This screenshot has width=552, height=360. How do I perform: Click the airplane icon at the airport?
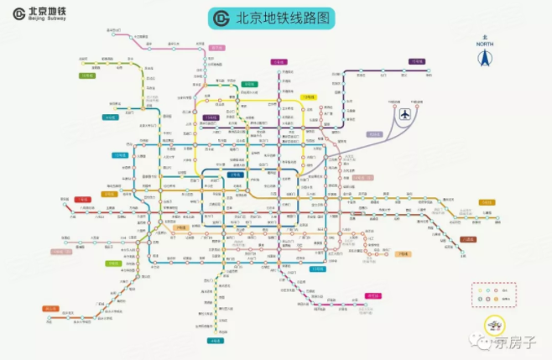click(x=406, y=113)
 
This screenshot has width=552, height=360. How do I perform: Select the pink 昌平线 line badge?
click(x=216, y=48)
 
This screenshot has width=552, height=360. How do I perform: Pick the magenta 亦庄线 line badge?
click(x=372, y=295)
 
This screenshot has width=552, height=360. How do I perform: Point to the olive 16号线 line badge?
click(x=87, y=76)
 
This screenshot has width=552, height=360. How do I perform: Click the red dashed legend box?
click(x=492, y=295)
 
